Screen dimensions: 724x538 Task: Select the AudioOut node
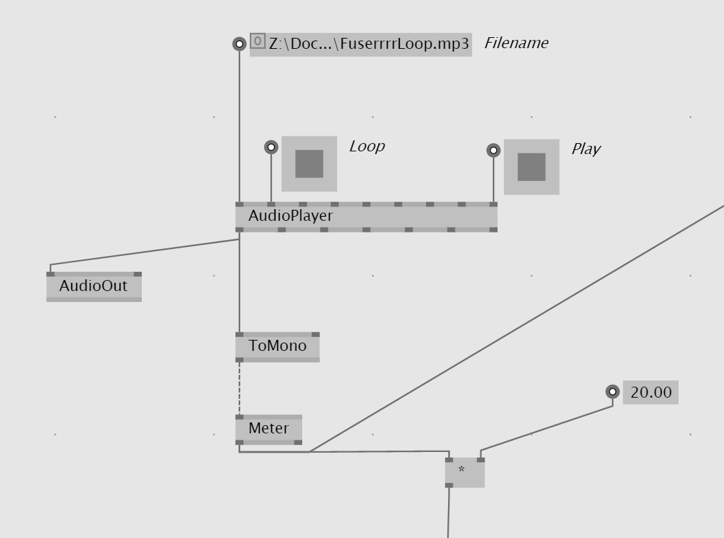(x=94, y=286)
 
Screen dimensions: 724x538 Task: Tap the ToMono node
(x=277, y=346)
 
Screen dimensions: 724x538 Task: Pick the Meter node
(x=268, y=429)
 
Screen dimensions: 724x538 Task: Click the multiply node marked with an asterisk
(x=465, y=472)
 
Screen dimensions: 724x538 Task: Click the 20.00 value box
(x=650, y=392)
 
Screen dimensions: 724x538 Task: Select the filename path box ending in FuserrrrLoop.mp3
(x=369, y=44)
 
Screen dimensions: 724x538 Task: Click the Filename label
(x=516, y=43)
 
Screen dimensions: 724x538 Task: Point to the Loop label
(x=367, y=146)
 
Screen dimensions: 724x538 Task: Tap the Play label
(x=586, y=149)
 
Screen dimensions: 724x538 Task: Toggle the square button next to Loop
(x=309, y=164)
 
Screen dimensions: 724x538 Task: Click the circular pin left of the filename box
(x=239, y=44)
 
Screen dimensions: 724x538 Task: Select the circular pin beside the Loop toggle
(x=271, y=147)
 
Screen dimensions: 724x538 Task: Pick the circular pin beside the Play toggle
(x=493, y=150)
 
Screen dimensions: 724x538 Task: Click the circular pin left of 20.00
(x=613, y=391)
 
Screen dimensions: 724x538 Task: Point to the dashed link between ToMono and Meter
(x=239, y=388)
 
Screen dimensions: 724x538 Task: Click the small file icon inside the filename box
(x=257, y=41)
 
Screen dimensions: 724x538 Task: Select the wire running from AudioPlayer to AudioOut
(x=145, y=252)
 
